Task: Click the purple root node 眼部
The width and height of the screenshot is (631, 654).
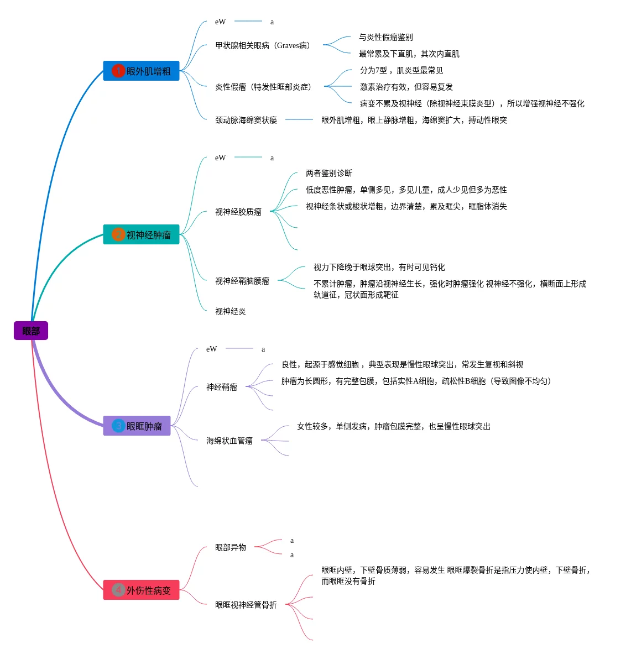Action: click(31, 331)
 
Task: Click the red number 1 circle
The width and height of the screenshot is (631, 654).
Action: click(118, 71)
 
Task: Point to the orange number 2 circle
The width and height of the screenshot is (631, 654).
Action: click(118, 234)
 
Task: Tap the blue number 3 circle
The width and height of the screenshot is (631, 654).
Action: click(118, 426)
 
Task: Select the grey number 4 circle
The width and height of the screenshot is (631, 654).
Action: click(118, 590)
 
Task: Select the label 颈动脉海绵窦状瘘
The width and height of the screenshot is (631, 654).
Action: click(246, 120)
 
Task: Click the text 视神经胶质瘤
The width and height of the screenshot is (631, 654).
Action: click(238, 212)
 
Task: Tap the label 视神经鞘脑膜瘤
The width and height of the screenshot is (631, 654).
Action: click(242, 281)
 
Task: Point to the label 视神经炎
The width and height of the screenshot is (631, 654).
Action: click(231, 311)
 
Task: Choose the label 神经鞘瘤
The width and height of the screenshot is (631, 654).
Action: click(222, 387)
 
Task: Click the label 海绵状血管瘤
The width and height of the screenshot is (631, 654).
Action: click(230, 441)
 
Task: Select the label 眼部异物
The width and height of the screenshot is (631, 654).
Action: click(231, 547)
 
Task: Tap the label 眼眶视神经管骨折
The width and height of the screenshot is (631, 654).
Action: click(246, 605)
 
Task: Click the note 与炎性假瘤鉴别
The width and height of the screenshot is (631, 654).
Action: click(386, 37)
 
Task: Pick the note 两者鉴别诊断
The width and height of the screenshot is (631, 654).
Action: click(329, 173)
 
